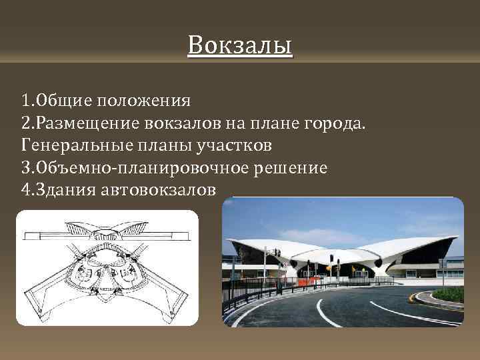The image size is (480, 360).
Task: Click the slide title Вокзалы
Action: pos(239,46)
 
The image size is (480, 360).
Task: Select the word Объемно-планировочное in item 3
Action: pos(135,167)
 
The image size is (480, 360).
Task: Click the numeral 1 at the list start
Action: pos(25,101)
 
